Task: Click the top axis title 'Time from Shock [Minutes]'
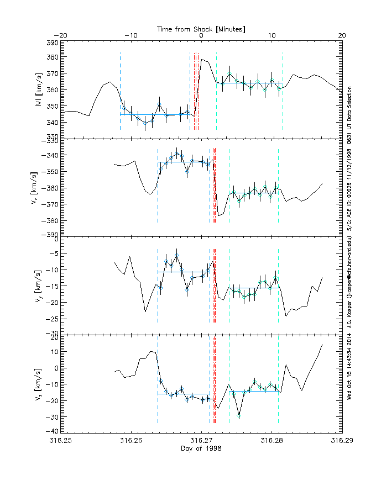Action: tap(201, 28)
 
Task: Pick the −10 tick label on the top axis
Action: tap(130, 35)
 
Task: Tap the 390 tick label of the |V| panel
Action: tap(51, 43)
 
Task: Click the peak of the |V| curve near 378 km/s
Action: tap(202, 60)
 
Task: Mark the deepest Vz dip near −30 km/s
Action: tap(239, 415)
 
